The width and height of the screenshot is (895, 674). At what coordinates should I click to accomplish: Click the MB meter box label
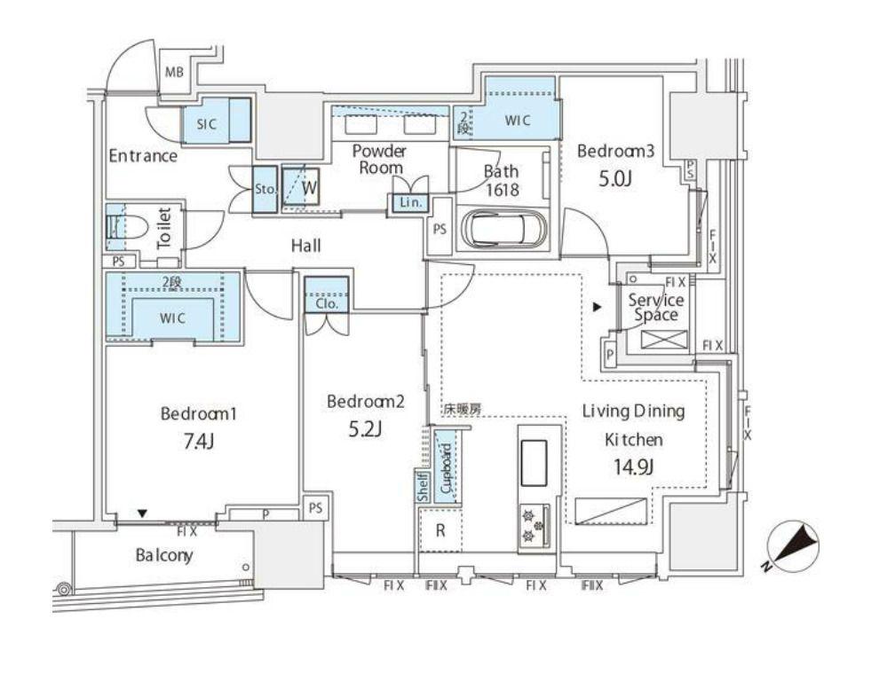tap(174, 73)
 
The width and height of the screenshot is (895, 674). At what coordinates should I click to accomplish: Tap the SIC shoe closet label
tap(206, 124)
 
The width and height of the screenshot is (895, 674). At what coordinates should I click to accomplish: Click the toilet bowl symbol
tap(128, 227)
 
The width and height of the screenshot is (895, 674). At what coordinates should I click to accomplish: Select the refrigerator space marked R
tap(440, 530)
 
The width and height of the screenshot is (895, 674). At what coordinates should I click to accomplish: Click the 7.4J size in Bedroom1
tap(198, 441)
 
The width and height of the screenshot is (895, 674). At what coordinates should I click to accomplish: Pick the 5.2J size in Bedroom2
tap(365, 428)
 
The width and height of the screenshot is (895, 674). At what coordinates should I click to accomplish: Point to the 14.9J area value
tap(634, 467)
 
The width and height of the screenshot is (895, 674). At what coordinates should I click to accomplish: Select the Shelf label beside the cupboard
tap(423, 487)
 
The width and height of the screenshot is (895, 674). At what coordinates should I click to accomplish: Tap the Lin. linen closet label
tap(410, 202)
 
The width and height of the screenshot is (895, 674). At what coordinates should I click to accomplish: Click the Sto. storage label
tap(265, 189)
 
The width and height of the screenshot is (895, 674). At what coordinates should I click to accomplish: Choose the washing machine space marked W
tap(309, 188)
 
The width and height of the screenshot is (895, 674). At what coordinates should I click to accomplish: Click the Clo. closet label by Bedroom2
tap(327, 304)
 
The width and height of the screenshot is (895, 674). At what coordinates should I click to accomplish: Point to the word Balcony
tap(163, 555)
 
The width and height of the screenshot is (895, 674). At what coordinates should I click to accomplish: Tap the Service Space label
tap(656, 308)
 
